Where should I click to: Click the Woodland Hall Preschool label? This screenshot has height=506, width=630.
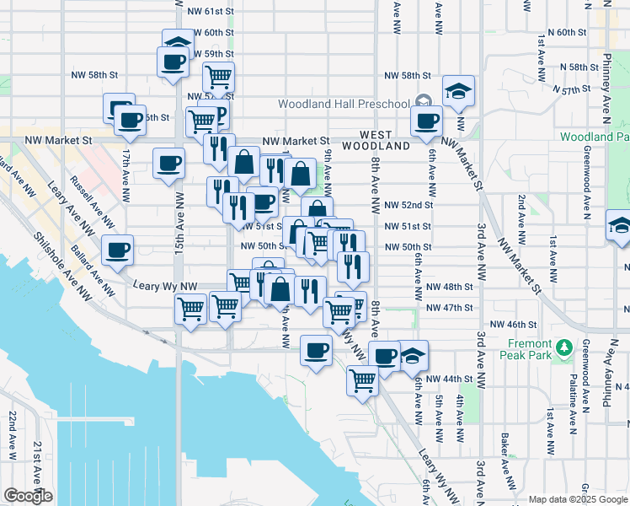click(x=345, y=104)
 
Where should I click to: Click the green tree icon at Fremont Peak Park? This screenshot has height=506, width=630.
click(x=565, y=346)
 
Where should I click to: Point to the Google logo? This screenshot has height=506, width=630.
click(x=28, y=495)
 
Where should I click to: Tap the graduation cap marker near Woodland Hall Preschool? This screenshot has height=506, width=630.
click(x=457, y=91)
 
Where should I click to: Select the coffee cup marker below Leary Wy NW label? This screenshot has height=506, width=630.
click(x=316, y=350)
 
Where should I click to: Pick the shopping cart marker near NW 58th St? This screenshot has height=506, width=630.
click(x=218, y=77)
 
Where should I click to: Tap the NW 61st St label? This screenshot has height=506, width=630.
click(x=210, y=12)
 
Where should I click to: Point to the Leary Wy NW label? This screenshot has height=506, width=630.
click(x=165, y=287)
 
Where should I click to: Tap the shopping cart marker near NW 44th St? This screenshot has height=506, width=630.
click(x=362, y=380)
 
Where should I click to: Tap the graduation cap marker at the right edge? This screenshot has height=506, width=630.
click(x=619, y=226)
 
